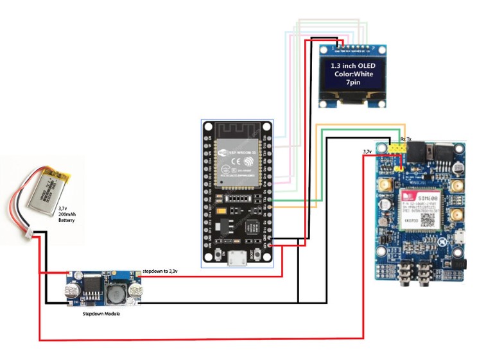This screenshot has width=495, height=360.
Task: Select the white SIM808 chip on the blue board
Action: coord(419,209)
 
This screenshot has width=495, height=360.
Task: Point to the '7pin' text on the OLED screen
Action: coord(352,83)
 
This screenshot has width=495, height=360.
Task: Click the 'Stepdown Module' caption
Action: coord(101,314)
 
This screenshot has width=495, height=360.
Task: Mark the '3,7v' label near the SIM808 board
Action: coord(367,152)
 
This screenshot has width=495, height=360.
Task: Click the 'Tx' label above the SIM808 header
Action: coord(410,139)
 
